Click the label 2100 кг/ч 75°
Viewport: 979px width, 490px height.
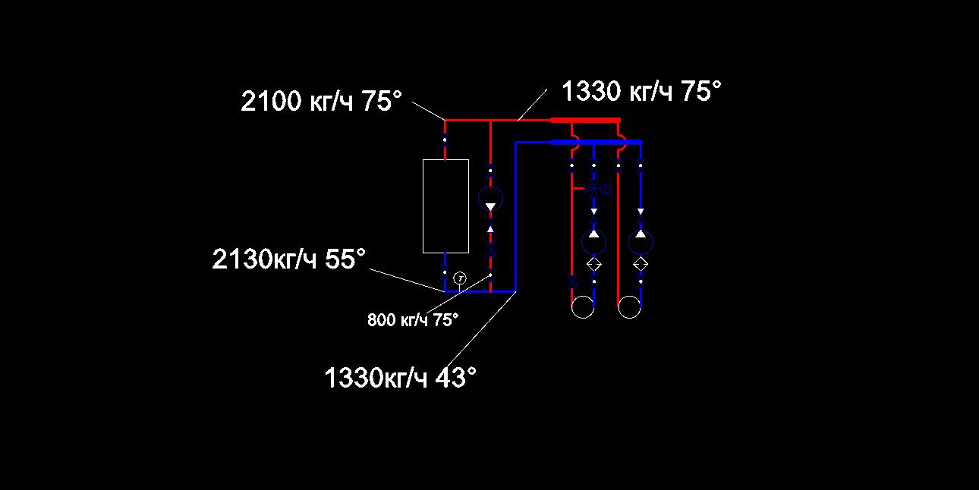(x=321, y=101)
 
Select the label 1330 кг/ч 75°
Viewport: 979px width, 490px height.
(x=641, y=91)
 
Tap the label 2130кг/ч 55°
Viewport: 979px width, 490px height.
(x=288, y=259)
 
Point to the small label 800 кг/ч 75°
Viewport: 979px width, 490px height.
(x=413, y=320)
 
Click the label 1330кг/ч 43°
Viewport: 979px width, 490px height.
(x=400, y=377)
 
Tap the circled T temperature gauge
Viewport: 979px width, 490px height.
(x=460, y=278)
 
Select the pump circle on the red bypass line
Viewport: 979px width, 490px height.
(x=490, y=199)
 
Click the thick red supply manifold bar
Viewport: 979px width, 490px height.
(x=585, y=120)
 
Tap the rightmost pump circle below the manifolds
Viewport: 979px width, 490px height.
(x=641, y=241)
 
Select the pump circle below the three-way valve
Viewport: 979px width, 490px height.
(x=594, y=241)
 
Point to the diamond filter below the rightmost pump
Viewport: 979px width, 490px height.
(x=641, y=265)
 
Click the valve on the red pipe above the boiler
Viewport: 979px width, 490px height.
(x=445, y=140)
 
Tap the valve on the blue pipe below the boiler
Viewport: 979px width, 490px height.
(x=445, y=272)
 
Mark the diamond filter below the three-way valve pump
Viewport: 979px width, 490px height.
(x=594, y=265)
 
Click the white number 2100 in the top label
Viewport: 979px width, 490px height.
(x=271, y=102)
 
